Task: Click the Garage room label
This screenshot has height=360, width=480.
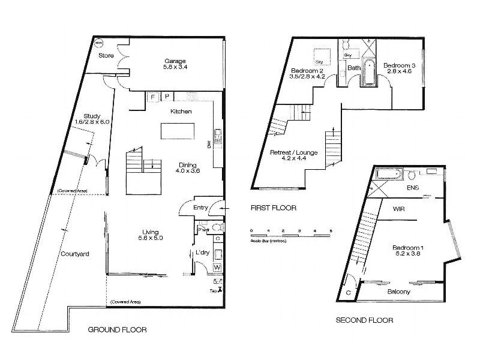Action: pos(176,61)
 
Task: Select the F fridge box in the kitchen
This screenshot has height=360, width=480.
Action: pos(152,97)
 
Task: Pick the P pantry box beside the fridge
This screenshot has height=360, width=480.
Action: pos(167,97)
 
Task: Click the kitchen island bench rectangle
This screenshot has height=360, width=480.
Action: pos(177,131)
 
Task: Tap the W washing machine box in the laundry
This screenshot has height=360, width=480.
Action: pos(217,267)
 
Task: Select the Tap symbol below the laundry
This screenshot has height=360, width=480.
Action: pos(219,289)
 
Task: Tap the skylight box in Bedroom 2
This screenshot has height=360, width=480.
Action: pos(319,56)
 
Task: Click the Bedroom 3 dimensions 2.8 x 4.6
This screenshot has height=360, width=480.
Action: pos(399,71)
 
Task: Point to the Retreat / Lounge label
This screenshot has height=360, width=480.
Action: pos(293,152)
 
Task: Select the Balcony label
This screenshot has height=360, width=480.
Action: pos(399,292)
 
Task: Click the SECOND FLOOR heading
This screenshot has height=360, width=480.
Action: pos(364,320)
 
